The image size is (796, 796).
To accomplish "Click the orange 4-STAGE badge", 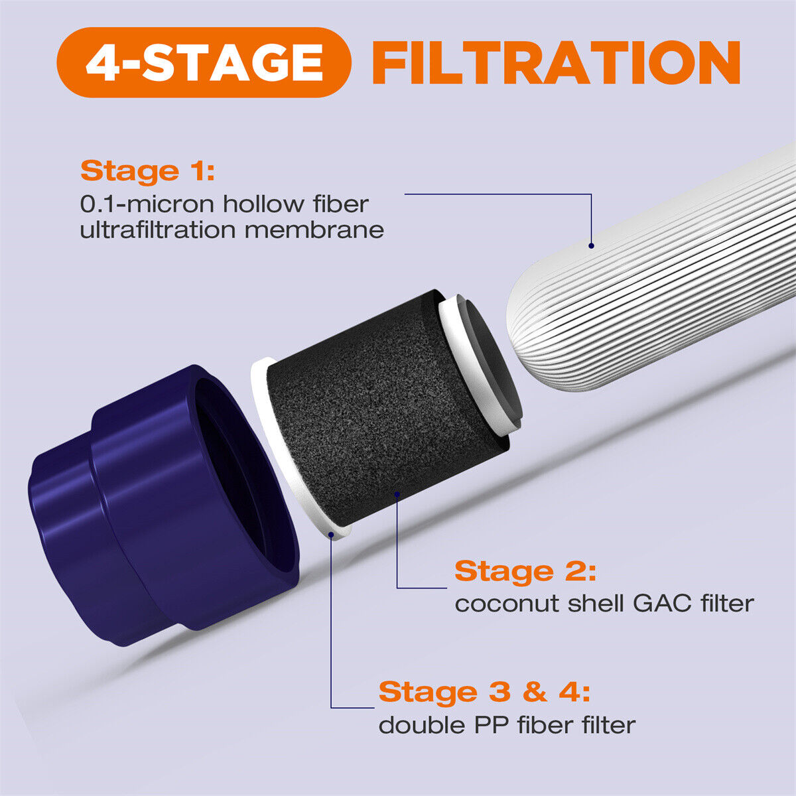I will coord(204,62).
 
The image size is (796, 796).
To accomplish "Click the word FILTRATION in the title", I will coord(556,62).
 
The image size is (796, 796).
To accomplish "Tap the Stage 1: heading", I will coord(147,171).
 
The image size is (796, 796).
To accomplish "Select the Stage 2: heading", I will coord(525,571).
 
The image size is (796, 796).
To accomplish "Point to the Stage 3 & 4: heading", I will coord(484,692).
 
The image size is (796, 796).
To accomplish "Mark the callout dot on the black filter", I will coord(397,494).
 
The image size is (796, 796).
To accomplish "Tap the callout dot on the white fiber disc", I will coord(331,532).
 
